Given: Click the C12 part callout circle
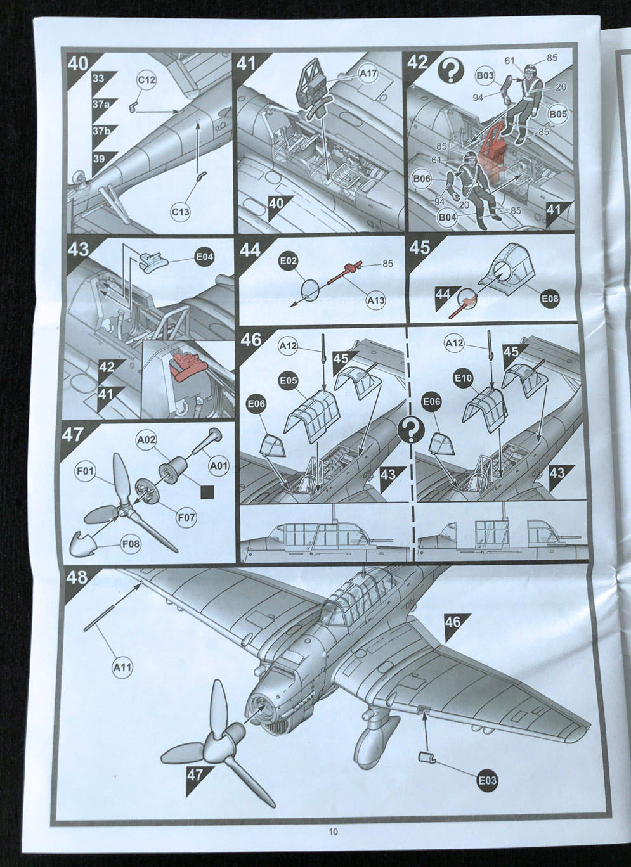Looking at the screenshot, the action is point(146,80).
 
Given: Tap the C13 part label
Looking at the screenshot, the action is point(181,211).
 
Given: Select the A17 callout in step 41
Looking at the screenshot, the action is point(368,74).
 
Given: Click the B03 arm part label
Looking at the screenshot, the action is point(485,75).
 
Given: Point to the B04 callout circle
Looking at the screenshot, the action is point(447,217).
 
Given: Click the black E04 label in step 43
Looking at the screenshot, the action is point(205,257).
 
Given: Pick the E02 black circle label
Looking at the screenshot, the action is point(289,261).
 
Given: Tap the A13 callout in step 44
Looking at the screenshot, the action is point(375,300).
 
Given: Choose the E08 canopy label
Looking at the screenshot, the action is point(550,299).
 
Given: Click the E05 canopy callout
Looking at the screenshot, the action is point(289,380).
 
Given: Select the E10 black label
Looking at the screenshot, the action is point(464,378).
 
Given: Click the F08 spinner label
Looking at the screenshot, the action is point(131,544).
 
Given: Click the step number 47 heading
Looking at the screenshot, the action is point(73,435).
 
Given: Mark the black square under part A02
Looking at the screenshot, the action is point(207,492).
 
